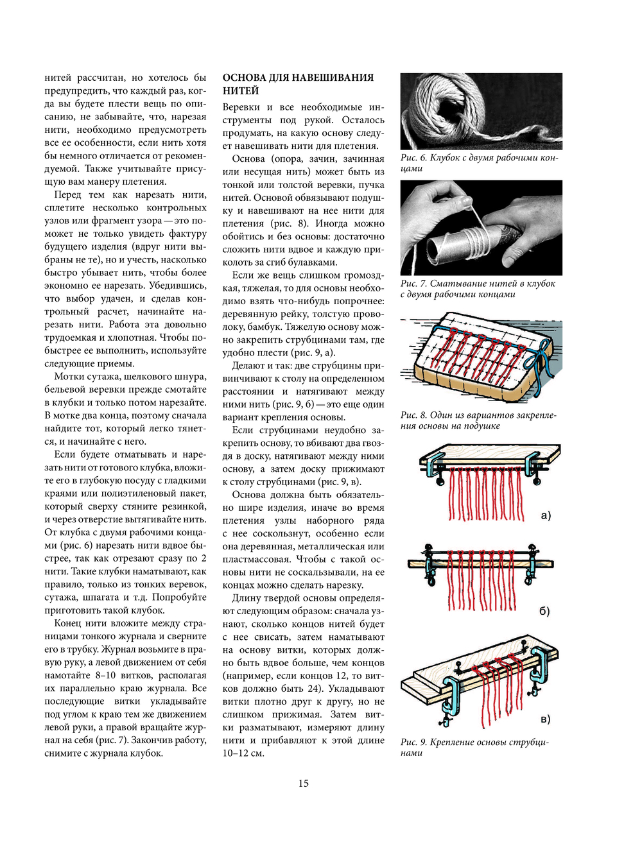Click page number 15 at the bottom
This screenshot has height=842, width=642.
tap(303, 782)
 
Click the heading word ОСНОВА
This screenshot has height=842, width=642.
tap(244, 78)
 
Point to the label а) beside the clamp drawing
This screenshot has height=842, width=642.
tap(546, 515)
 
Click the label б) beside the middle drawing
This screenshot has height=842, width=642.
tap(544, 611)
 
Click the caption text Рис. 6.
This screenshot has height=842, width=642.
tap(414, 158)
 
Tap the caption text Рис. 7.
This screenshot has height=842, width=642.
tap(414, 284)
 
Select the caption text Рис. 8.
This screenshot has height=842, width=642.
tap(414, 415)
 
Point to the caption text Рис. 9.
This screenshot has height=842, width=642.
tap(414, 743)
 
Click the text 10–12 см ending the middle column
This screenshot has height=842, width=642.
tap(243, 753)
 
